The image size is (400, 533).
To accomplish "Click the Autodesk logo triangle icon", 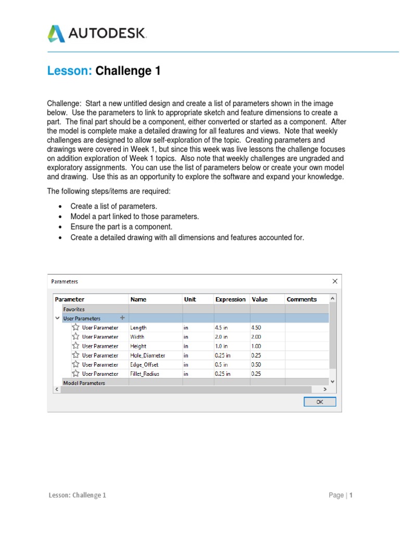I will [x=56, y=33].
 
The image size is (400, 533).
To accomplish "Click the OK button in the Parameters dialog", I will [x=320, y=402].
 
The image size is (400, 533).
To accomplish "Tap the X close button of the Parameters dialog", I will [x=335, y=281].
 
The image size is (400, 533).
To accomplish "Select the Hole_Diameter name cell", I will [x=147, y=356].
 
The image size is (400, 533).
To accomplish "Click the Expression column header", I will [x=230, y=299].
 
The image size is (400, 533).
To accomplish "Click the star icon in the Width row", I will [x=76, y=337].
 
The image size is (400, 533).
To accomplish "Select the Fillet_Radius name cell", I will [x=145, y=374].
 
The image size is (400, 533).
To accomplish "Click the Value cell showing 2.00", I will [x=256, y=337].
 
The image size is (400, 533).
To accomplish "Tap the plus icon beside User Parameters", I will [x=122, y=318].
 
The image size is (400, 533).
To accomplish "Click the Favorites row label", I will [x=74, y=309].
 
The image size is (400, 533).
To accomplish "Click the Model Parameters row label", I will [x=84, y=383].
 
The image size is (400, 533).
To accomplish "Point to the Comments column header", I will [x=302, y=299].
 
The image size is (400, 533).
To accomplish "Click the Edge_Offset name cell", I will [x=144, y=365].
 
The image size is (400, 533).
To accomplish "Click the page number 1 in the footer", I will [x=351, y=496].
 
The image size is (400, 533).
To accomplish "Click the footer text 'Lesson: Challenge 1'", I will [x=78, y=496].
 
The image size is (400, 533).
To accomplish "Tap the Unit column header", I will [x=190, y=299].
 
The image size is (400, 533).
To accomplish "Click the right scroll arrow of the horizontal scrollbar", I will [x=325, y=389].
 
